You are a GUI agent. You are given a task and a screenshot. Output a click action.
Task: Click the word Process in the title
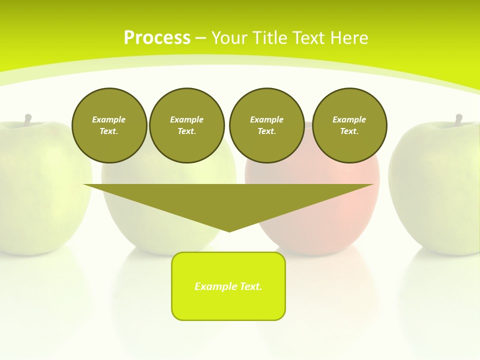pos(157,38)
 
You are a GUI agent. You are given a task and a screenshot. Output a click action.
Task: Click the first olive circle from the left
pos(109,125)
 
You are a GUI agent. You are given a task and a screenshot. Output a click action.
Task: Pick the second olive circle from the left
pos(186,125)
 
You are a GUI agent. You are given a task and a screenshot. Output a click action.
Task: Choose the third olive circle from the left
pos(266,125)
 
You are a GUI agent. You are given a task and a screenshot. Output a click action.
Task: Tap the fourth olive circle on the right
pos(349,125)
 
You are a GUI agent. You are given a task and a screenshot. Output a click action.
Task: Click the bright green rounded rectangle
pos(228,286)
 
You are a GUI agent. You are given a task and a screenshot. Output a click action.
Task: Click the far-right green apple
pos(437,190)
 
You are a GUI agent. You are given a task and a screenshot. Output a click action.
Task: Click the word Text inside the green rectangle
pos(250,286)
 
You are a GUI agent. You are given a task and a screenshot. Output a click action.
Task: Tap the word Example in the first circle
pos(109,119)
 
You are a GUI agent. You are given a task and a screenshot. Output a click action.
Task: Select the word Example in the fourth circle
pos(349,119)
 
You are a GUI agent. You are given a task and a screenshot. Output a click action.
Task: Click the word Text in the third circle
pos(266,131)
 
